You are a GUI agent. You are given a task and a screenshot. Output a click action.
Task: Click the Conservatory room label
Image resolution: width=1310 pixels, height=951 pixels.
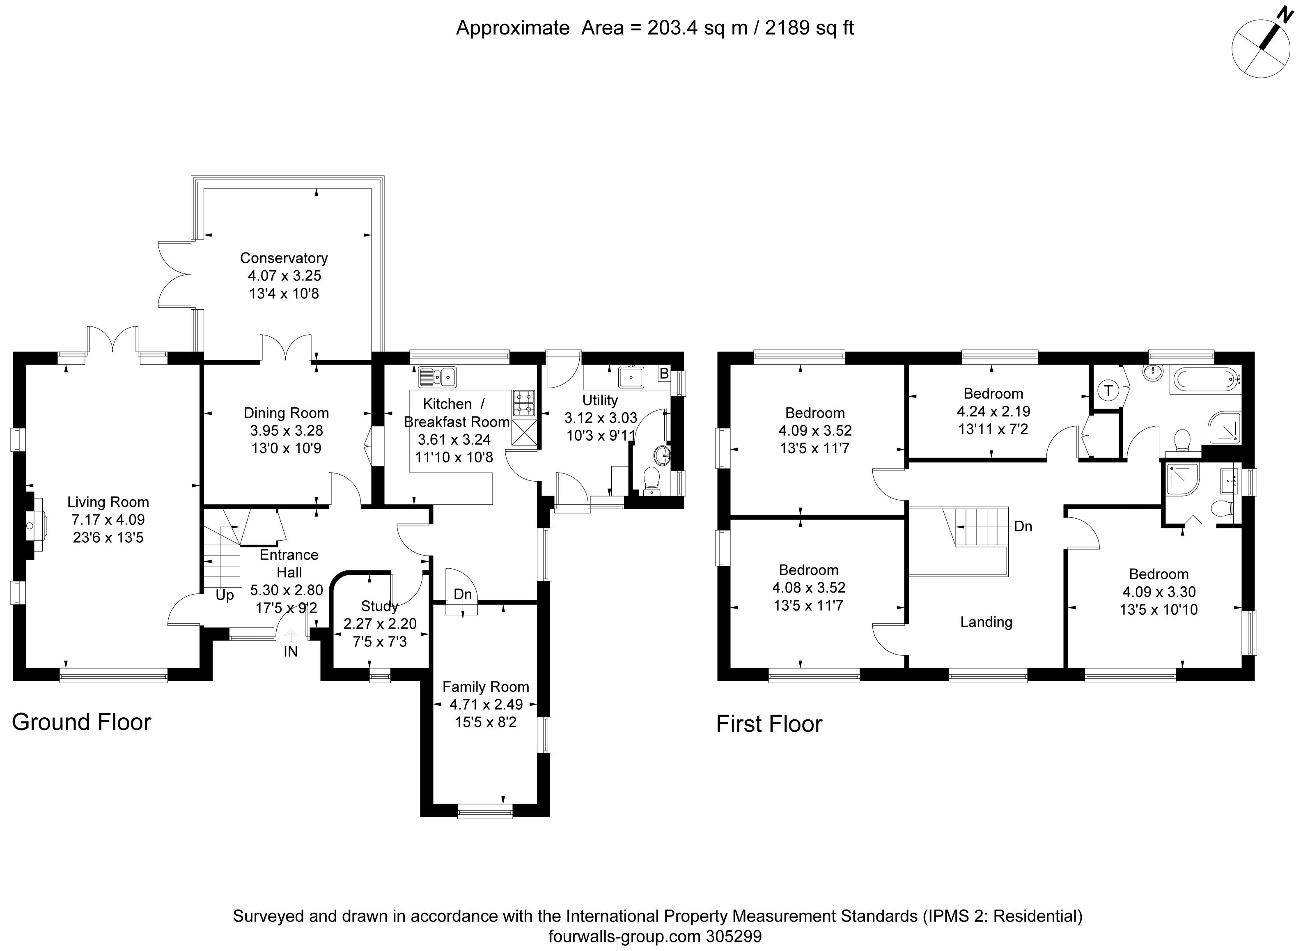click(x=284, y=258)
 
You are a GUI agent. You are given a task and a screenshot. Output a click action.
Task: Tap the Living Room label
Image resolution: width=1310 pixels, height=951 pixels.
click(x=108, y=502)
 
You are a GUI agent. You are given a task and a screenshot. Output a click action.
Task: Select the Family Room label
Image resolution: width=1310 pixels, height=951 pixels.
click(x=486, y=687)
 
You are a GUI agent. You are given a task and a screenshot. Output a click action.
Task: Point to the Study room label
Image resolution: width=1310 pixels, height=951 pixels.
click(x=379, y=606)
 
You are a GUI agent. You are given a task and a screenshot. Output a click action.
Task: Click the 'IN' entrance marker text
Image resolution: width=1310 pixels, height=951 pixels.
click(x=291, y=652)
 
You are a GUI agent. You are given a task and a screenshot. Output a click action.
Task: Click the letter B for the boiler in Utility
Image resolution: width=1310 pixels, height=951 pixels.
click(x=664, y=374)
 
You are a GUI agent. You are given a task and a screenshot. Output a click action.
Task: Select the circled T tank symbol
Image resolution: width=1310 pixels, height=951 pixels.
click(x=1108, y=391)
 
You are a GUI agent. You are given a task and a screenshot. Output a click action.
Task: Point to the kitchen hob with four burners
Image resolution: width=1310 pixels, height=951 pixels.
click(x=524, y=403)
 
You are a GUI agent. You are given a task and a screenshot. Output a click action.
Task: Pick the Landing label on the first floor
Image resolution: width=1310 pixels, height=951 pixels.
click(x=987, y=622)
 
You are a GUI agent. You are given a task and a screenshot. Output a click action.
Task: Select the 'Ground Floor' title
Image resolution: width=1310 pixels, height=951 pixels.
click(x=81, y=722)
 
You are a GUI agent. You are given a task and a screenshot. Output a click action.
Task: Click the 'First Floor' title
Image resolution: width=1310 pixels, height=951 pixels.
click(x=769, y=724)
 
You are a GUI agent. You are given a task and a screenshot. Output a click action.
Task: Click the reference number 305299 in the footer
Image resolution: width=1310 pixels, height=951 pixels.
click(x=734, y=937)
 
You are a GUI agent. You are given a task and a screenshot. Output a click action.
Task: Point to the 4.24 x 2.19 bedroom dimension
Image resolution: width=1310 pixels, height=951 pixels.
click(x=993, y=412)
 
